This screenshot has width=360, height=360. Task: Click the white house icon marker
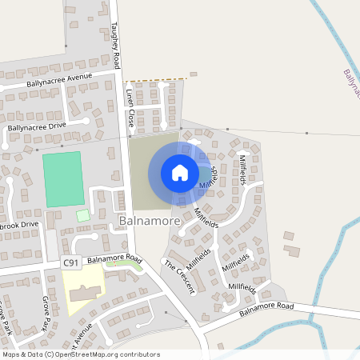tap(180, 173)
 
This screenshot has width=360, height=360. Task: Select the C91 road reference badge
tap(71, 262)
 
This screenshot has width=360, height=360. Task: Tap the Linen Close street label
tap(129, 109)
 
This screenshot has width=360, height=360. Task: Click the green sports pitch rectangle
tap(63, 179)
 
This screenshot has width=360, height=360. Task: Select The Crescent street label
tap(179, 276)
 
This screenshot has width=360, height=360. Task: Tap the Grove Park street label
tap(46, 312)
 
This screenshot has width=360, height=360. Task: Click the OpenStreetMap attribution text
tap(80, 354)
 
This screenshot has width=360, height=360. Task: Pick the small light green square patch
tap(83, 216)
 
